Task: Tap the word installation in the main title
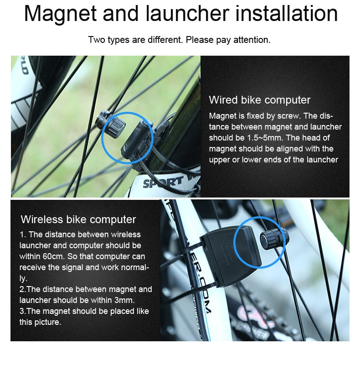(287, 14)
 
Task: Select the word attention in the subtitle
(252, 40)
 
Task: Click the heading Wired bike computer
(259, 100)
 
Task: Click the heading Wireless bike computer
(78, 219)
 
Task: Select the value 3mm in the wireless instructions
(114, 300)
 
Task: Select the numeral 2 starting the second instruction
(21, 289)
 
